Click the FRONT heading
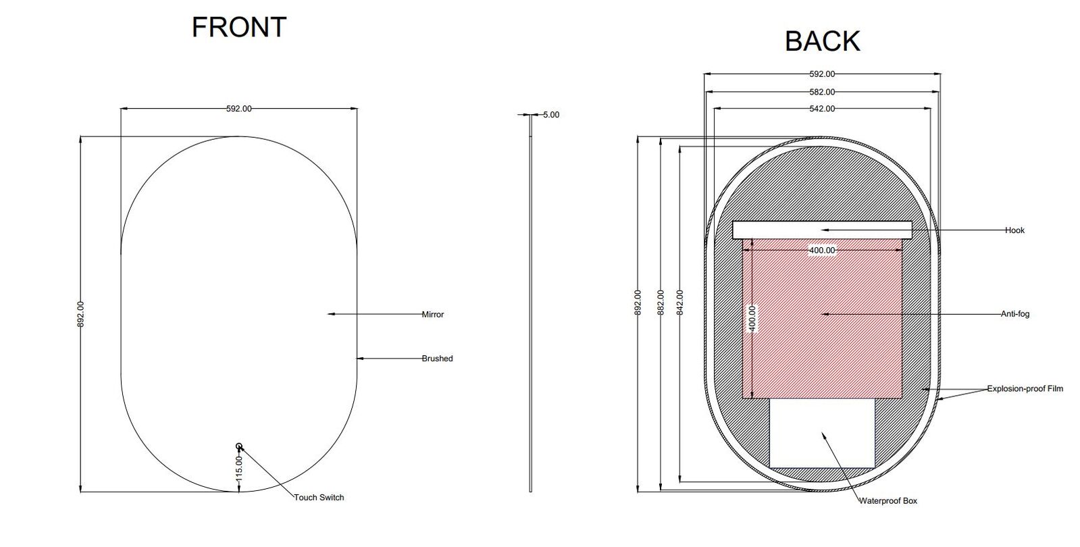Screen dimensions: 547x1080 [x=239, y=27]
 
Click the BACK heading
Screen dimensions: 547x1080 [x=822, y=41]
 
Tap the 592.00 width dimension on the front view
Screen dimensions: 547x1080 [x=238, y=108]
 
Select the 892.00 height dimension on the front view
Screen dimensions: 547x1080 [x=81, y=315]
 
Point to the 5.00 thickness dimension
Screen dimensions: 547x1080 [x=551, y=115]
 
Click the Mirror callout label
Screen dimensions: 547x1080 [x=432, y=315]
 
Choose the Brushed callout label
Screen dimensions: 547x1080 [x=437, y=359]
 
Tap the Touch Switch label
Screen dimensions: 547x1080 [x=319, y=498]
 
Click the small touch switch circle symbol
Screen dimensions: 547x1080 [x=239, y=446]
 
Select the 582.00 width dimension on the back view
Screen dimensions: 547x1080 [x=822, y=92]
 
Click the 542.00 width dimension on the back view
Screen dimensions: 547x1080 [x=822, y=109]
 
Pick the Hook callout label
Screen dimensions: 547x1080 [x=1014, y=230]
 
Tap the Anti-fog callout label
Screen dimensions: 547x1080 [x=1014, y=314]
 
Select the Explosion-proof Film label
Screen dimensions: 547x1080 [x=1025, y=389]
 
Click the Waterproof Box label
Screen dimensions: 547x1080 [x=888, y=501]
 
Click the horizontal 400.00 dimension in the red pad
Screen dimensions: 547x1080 [x=822, y=251]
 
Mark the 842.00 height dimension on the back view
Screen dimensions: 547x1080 [x=680, y=303]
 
